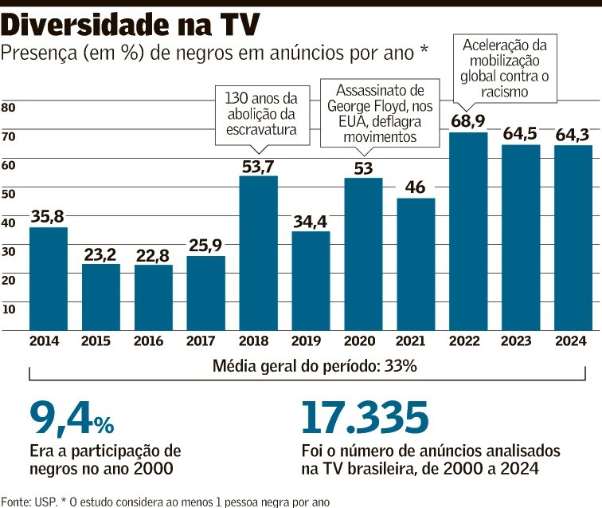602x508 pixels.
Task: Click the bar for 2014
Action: [49, 279]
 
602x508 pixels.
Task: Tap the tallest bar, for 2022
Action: [468, 231]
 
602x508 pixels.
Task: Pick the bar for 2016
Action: [154, 297]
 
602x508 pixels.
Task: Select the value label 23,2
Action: [101, 254]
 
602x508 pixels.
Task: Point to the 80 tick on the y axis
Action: [9, 108]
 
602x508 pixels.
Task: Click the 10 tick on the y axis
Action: [9, 309]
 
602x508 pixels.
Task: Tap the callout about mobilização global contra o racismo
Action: [506, 67]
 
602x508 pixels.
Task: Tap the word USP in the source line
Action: [40, 501]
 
